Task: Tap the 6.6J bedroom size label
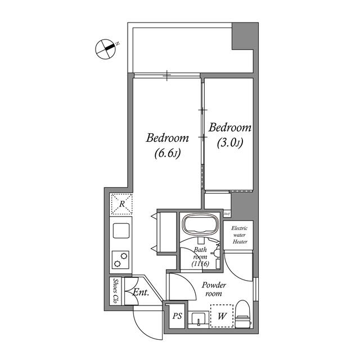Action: pos(166,152)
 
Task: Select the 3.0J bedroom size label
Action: pos(229,143)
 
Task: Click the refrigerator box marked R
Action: pos(121,204)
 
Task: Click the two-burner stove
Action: pos(121,259)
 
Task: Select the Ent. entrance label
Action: pos(140,292)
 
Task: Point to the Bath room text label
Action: pos(201,256)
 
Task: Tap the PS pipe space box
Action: pos(177,317)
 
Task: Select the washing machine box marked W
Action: pos(221,316)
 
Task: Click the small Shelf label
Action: pos(227,214)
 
